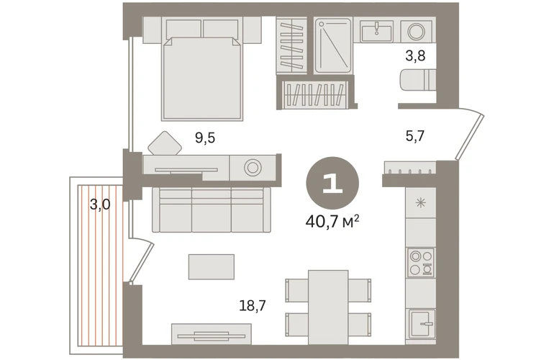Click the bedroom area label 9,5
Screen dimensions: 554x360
(205, 138)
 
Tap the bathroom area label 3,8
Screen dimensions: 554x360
(415, 56)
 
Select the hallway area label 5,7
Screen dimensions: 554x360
(415, 136)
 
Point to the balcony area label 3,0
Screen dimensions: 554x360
(100, 204)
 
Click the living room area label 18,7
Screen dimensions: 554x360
(253, 305)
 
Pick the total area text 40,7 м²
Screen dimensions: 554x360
(332, 221)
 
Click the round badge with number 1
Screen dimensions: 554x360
(332, 183)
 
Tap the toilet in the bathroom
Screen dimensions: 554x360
(418, 80)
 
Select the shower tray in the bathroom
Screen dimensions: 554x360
(333, 45)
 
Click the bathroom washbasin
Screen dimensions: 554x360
(376, 31)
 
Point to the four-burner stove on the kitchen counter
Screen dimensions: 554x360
(420, 262)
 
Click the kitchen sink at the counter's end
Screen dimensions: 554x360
(422, 324)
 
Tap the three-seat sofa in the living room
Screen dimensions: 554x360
(212, 210)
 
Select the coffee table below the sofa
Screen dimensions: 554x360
(212, 266)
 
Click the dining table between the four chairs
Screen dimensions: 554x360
(328, 307)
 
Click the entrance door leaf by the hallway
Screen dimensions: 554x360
(470, 137)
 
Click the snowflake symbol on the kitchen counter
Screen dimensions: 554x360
(420, 203)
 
